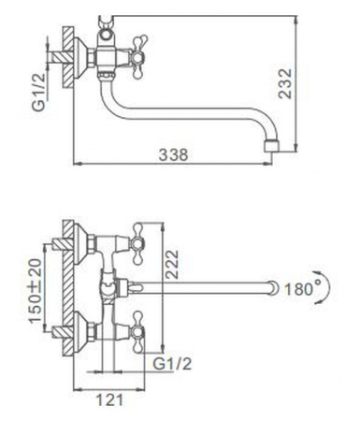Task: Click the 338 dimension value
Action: click(173, 154)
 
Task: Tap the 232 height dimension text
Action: click(285, 83)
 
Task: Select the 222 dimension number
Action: click(172, 264)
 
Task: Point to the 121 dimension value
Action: click(109, 399)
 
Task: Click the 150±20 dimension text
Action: click(36, 291)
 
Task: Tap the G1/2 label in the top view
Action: click(172, 364)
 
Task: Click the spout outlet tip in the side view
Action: click(271, 147)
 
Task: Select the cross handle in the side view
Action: click(138, 57)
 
